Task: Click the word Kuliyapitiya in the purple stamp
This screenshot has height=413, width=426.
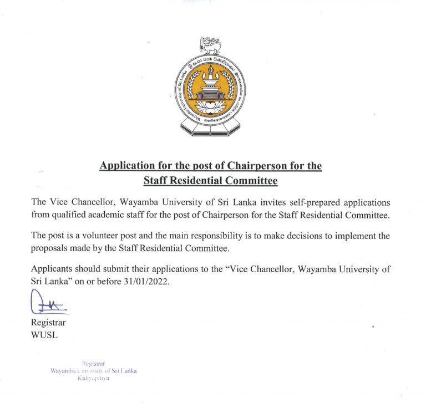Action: [94, 378]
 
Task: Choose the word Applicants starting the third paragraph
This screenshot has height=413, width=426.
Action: [53, 269]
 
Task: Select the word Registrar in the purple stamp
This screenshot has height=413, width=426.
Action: [93, 363]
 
